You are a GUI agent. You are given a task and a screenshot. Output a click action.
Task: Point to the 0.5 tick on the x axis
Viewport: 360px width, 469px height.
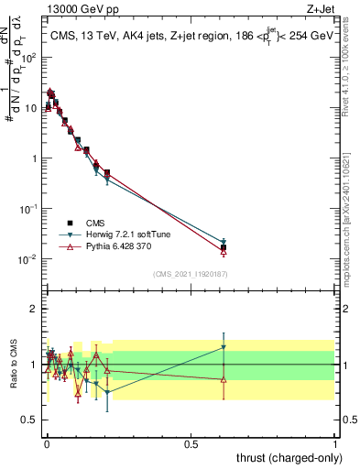(191, 443)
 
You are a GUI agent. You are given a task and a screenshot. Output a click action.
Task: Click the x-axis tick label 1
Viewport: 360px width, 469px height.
(336, 443)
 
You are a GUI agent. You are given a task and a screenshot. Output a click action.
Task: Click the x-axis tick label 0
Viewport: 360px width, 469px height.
(47, 443)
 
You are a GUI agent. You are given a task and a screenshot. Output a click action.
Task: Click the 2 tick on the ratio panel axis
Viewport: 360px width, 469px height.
(37, 309)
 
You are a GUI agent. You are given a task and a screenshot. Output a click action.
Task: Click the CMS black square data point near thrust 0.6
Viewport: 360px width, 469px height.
(224, 247)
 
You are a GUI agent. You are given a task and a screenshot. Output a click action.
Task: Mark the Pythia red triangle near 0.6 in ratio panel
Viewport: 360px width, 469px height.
(224, 379)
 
